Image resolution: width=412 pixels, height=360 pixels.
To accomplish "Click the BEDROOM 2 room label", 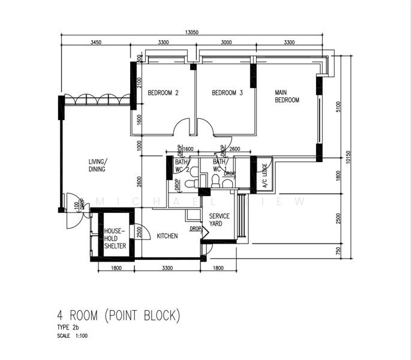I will pyautogui.click(x=163, y=93).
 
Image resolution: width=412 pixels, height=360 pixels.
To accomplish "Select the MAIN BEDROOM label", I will pyautogui.click(x=287, y=97).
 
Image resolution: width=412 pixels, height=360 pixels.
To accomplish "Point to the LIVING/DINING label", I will pyautogui.click(x=97, y=166).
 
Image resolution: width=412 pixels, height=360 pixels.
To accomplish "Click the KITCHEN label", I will pyautogui.click(x=167, y=236).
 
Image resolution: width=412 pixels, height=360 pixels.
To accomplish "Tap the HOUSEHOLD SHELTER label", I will pyautogui.click(x=115, y=238).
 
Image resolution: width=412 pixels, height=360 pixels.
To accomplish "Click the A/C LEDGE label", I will pyautogui.click(x=264, y=176).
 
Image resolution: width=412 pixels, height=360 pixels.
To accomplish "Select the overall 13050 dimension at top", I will pyautogui.click(x=193, y=32).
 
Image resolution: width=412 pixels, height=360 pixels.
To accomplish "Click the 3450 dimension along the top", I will pyautogui.click(x=96, y=43).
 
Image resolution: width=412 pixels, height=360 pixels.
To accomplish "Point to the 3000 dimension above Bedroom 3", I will pyautogui.click(x=227, y=43).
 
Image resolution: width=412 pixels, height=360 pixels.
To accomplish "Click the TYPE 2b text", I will pyautogui.click(x=68, y=327).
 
